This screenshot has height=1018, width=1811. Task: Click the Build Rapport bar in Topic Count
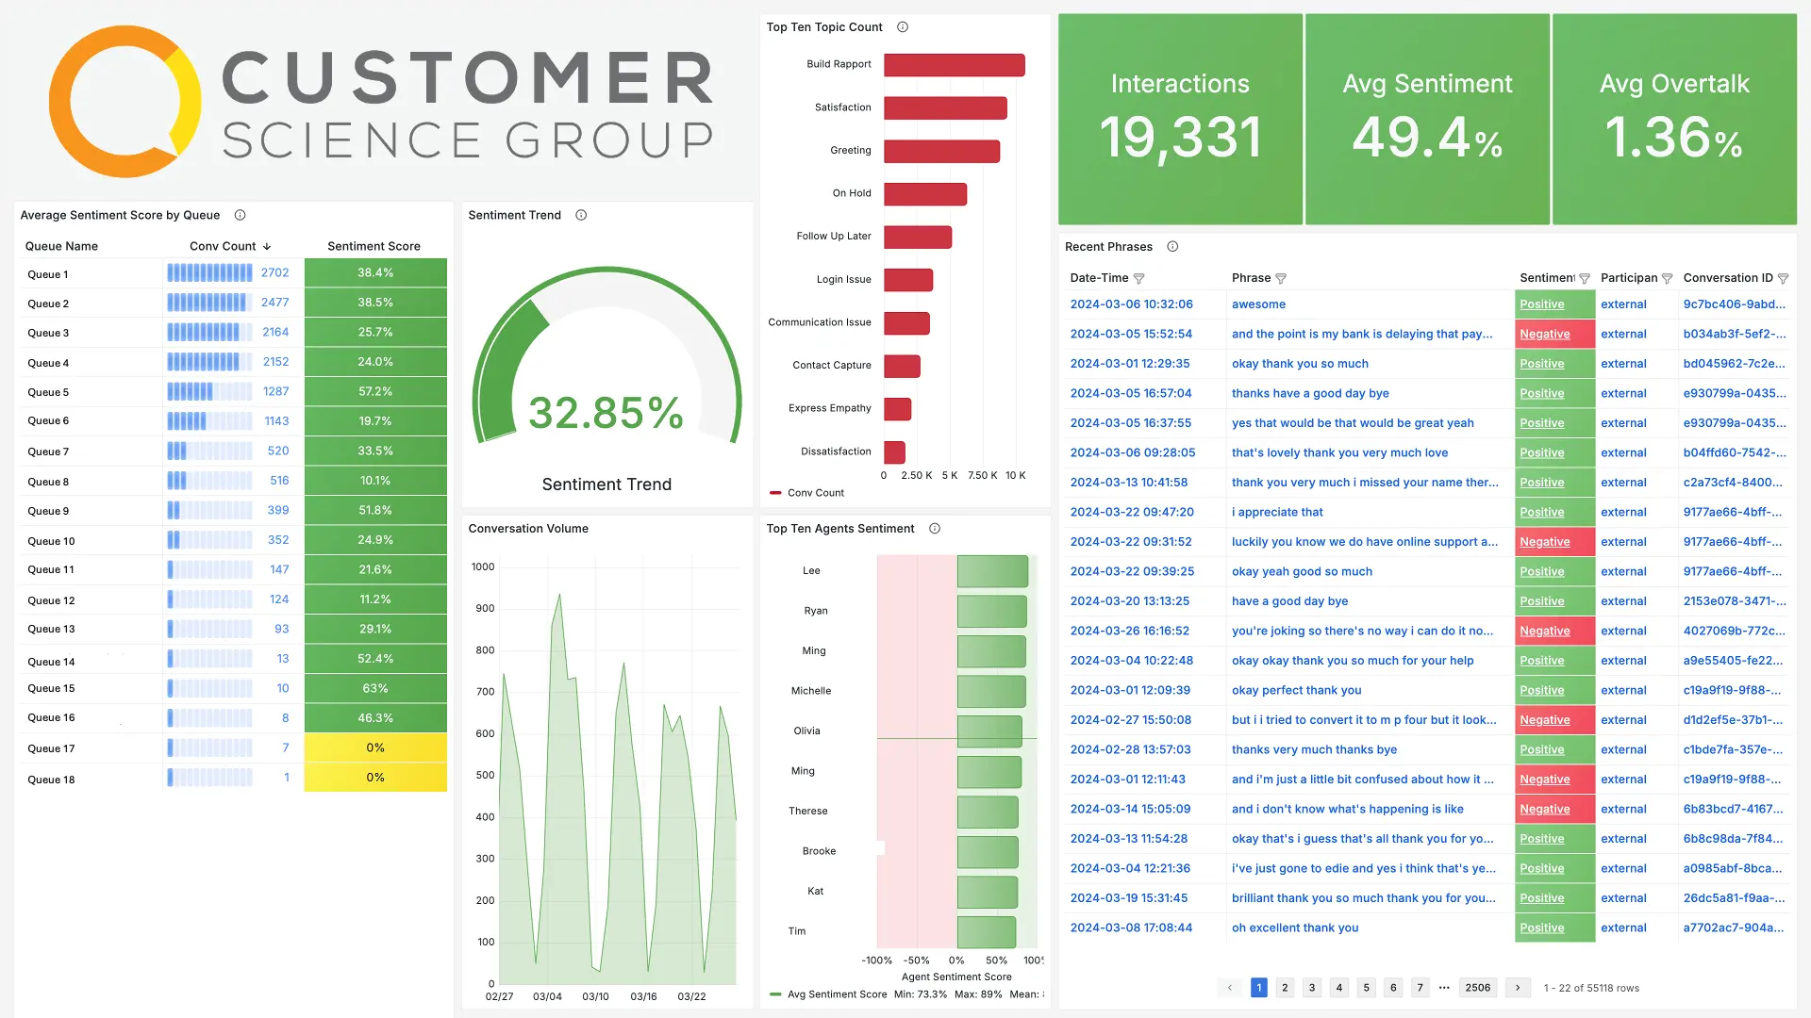pyautogui.click(x=954, y=65)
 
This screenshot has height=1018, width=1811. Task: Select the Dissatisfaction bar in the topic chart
pyautogui.click(x=894, y=452)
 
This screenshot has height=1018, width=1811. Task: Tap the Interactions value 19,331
pyautogui.click(x=1180, y=138)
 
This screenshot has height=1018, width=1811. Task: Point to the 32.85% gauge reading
pyautogui.click(x=606, y=413)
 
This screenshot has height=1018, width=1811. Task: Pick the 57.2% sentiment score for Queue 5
pyautogui.click(x=375, y=391)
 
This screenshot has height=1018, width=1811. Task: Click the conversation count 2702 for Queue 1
pyautogui.click(x=274, y=272)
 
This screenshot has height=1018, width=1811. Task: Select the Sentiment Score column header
pyautogui.click(x=374, y=246)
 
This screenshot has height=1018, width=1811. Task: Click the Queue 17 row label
pyautogui.click(x=51, y=748)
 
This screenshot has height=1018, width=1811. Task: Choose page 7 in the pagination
pyautogui.click(x=1420, y=988)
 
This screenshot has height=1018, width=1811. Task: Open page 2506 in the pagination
pyautogui.click(x=1477, y=988)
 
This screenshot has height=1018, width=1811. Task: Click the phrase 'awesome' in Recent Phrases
pyautogui.click(x=1258, y=304)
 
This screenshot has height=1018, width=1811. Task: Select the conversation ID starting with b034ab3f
pyautogui.click(x=1734, y=334)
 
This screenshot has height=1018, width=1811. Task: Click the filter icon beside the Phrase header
pyautogui.click(x=1281, y=278)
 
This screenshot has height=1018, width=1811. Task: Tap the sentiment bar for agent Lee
pyautogui.click(x=992, y=571)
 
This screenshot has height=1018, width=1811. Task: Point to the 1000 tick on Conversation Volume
pyautogui.click(x=483, y=567)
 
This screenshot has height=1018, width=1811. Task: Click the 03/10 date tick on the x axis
pyautogui.click(x=595, y=996)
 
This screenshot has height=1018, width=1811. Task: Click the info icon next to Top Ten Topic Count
pyautogui.click(x=903, y=27)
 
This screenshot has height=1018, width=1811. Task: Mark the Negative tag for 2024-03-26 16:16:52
pyautogui.click(x=1544, y=631)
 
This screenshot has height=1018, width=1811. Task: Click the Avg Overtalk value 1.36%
pyautogui.click(x=1673, y=138)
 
